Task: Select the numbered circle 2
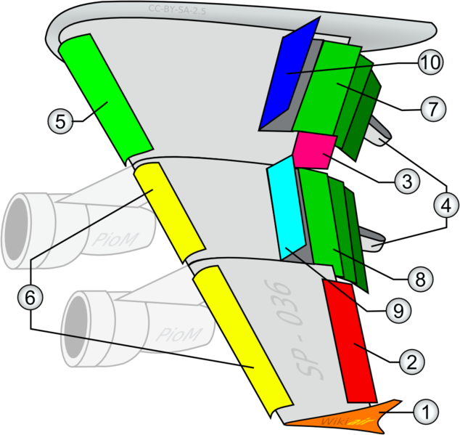[x=411, y=361]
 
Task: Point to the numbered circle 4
[x=445, y=206]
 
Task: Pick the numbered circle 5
[x=62, y=121]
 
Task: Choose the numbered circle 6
[x=30, y=296]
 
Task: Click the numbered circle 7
[x=433, y=109]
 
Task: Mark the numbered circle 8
[x=419, y=277]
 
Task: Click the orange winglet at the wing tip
[x=341, y=415]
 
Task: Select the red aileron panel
[x=350, y=341]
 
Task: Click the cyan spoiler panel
[x=285, y=211]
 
